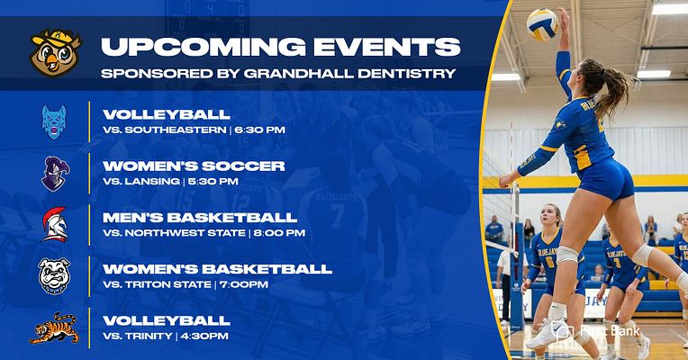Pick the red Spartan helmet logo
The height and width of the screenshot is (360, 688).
pyautogui.click(x=54, y=224)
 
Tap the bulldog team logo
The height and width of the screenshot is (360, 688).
pyautogui.click(x=54, y=275)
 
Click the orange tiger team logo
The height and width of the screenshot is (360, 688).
pyautogui.click(x=54, y=328)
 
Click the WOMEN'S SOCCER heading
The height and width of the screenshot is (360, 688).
pyautogui.click(x=194, y=166)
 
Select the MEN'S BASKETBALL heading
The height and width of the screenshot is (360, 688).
pyautogui.click(x=200, y=217)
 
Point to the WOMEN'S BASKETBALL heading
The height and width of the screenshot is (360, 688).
pyautogui.click(x=217, y=268)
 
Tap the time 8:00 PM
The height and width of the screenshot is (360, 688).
pyautogui.click(x=280, y=233)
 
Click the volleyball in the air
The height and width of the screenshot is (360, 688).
pyautogui.click(x=542, y=24)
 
